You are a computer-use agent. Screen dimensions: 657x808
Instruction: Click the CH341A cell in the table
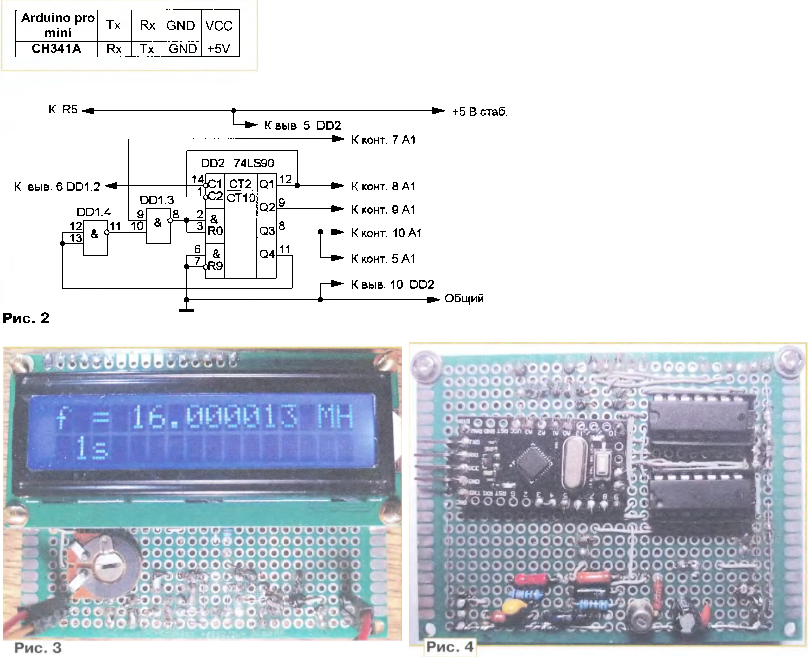pyautogui.click(x=56, y=49)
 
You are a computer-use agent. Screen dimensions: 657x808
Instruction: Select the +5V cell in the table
pyautogui.click(x=219, y=49)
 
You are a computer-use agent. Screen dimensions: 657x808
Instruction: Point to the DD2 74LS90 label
pyautogui.click(x=237, y=163)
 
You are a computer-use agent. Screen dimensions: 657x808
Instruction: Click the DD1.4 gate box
pyautogui.click(x=95, y=237)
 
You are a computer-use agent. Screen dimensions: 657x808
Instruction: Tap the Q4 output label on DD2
pyautogui.click(x=267, y=254)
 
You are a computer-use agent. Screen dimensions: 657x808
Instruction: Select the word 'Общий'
pyautogui.click(x=464, y=299)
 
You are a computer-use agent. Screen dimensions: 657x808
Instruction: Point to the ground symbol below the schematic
pyautogui.click(x=187, y=310)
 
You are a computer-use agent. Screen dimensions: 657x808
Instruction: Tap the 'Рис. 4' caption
pyautogui.click(x=450, y=647)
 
